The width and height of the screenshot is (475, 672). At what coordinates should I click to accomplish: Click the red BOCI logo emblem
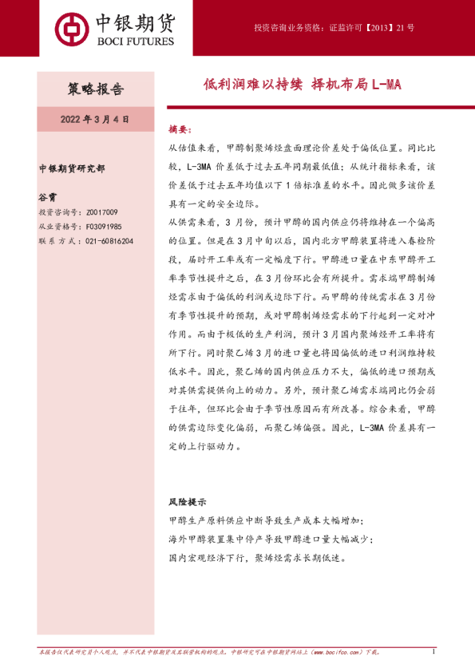(74, 27)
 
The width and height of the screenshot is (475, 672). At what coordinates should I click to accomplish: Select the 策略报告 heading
(95, 89)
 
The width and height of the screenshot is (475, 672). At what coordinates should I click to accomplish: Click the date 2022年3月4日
(95, 118)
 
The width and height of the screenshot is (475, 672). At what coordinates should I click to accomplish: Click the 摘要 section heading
(180, 128)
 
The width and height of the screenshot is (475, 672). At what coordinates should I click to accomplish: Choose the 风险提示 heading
(187, 503)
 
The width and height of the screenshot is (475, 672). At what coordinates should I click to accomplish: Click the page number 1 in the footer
(432, 652)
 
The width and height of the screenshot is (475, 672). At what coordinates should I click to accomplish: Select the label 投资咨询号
(58, 212)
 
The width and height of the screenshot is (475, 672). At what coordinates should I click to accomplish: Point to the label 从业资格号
(58, 227)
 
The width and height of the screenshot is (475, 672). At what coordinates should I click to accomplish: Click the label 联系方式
(58, 240)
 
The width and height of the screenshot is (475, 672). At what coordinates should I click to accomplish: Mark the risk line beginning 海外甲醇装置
(270, 538)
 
